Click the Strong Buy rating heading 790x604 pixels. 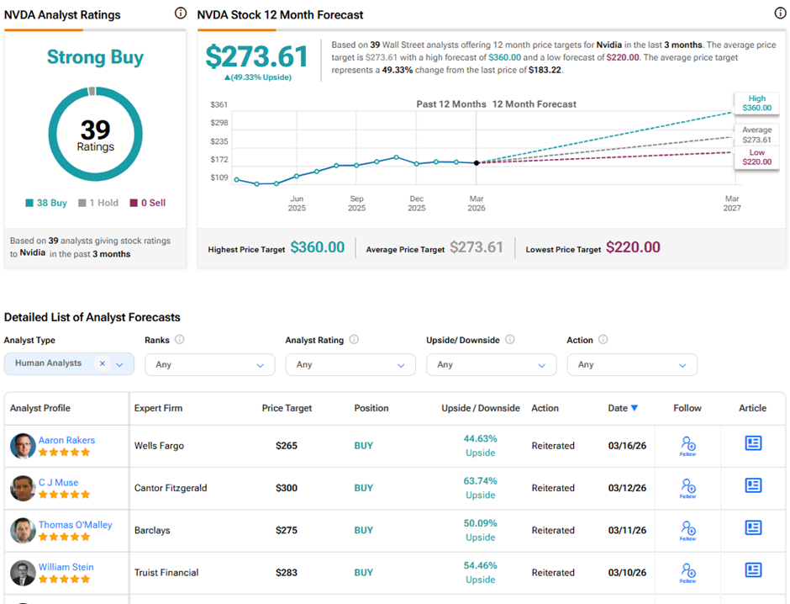point(95,57)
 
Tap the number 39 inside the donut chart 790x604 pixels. point(95,129)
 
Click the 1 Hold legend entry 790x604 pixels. point(98,203)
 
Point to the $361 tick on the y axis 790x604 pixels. point(219,105)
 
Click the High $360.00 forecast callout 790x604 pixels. point(756,103)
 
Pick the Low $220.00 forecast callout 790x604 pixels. point(756,157)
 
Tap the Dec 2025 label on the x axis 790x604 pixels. point(416,203)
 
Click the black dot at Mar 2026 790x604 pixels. point(477,162)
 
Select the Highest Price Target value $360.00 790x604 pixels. point(317,247)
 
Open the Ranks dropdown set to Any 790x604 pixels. point(209,364)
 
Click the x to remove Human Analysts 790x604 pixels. point(103,363)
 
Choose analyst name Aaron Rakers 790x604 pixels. point(66,440)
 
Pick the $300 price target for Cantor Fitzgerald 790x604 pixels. point(287,488)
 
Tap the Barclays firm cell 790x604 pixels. point(153,530)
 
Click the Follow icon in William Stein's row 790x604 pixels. point(687,571)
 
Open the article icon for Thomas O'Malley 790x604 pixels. point(753,527)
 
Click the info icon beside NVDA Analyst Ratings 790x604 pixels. point(181,13)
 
